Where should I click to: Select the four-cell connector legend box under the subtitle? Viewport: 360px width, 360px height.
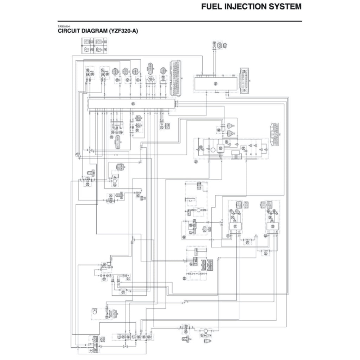click(x=94, y=46)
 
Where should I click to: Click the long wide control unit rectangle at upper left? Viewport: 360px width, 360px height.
click(x=131, y=104)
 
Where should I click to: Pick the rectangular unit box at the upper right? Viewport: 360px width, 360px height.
click(x=216, y=83)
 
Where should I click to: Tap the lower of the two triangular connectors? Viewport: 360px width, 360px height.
click(x=230, y=133)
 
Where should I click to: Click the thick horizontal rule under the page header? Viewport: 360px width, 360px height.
click(x=180, y=21)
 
